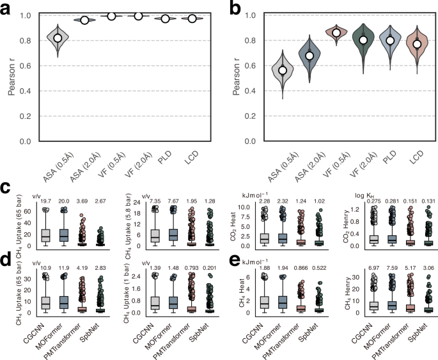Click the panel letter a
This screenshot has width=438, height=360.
pos(10,8)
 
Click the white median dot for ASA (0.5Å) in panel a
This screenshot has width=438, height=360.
pos(58,38)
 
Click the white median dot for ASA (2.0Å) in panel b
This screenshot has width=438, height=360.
pos(309,56)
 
